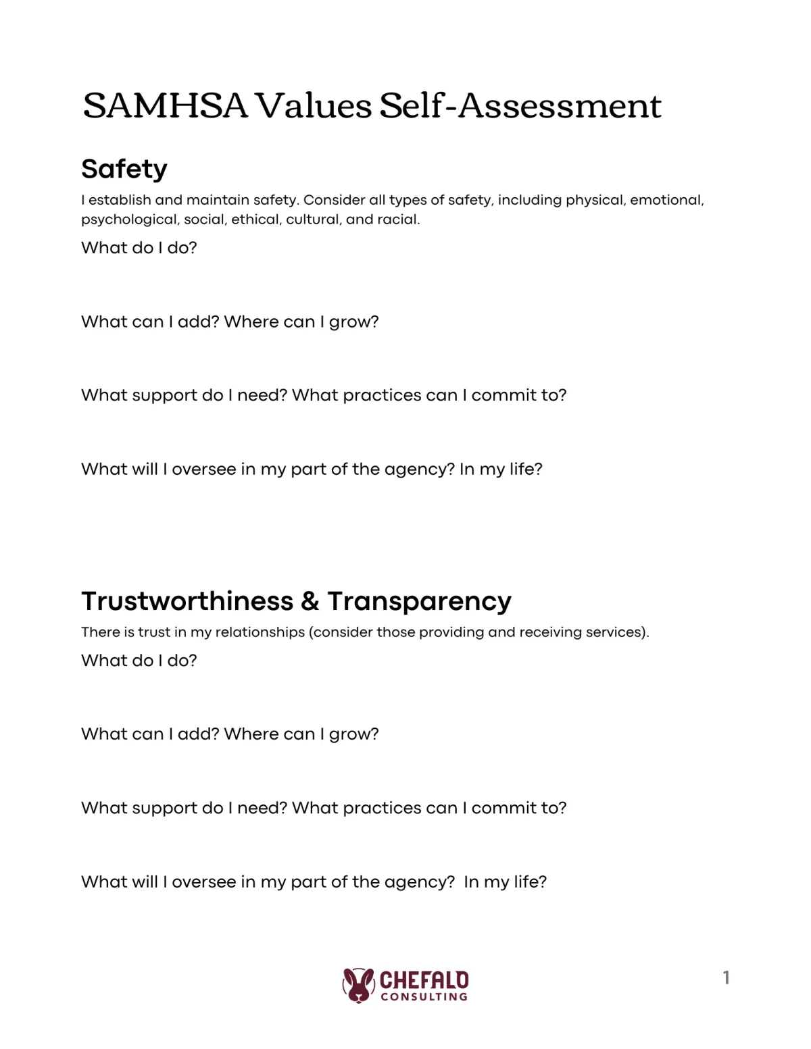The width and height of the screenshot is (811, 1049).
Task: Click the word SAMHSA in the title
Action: click(x=165, y=106)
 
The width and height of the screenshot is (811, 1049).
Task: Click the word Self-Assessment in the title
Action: click(x=520, y=106)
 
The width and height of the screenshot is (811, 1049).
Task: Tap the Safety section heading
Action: click(x=124, y=169)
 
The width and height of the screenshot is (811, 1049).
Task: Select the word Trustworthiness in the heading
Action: click(x=187, y=601)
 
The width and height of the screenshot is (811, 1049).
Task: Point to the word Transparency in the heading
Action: click(x=419, y=601)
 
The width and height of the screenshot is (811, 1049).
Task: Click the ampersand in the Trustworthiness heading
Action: click(x=310, y=601)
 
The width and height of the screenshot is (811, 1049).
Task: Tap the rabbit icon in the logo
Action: click(x=358, y=985)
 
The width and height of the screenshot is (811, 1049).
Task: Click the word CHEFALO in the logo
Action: click(x=424, y=979)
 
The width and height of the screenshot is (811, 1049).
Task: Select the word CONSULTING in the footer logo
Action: click(x=424, y=997)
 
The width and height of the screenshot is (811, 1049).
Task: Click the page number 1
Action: click(x=726, y=977)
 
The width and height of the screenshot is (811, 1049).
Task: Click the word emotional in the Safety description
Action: click(x=666, y=200)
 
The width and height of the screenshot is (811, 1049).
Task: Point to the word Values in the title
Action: click(x=314, y=106)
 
